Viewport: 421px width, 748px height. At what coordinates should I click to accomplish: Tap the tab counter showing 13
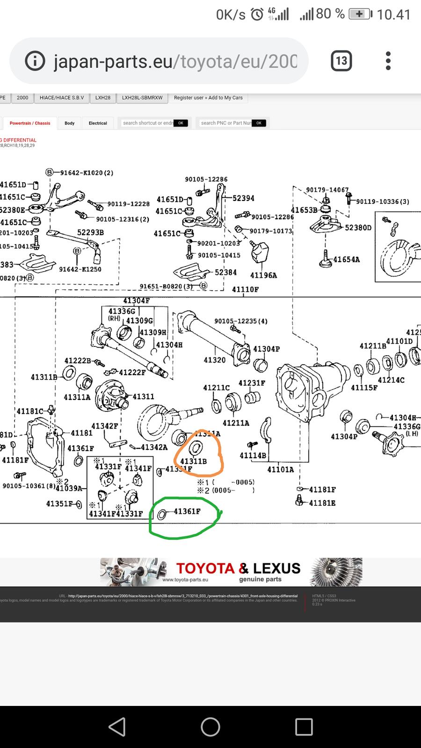coord(341,61)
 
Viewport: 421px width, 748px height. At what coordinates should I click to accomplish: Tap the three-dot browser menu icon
coord(388,61)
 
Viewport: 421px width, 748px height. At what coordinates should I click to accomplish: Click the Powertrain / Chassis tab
coord(30,123)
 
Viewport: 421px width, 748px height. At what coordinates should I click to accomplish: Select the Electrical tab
coord(98,123)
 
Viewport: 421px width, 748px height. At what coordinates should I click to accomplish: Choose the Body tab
coord(70,123)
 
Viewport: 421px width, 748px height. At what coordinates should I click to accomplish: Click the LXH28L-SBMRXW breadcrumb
coord(142,98)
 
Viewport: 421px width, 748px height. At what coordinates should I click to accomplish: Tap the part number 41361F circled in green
coord(187,511)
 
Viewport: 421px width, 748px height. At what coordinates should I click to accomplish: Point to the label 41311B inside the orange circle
coord(193,461)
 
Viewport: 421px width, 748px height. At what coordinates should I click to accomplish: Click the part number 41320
coord(215,360)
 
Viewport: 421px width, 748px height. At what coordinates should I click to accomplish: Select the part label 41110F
coord(245,289)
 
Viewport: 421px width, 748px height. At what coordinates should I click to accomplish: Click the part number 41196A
coord(263,275)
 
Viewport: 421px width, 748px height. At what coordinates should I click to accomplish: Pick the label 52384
coord(226,272)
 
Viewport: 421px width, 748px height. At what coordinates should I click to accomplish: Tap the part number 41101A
coord(281,469)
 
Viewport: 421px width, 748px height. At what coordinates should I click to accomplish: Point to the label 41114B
coord(253,455)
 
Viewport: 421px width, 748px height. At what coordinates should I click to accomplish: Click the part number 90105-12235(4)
coord(241,321)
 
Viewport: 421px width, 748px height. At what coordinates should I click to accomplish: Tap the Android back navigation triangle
coord(117,727)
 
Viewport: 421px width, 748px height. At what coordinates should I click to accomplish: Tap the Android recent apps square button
coord(304,727)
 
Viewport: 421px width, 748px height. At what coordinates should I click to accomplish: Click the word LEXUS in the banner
coord(276,568)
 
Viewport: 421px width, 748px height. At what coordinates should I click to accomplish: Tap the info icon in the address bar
coord(35,61)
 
